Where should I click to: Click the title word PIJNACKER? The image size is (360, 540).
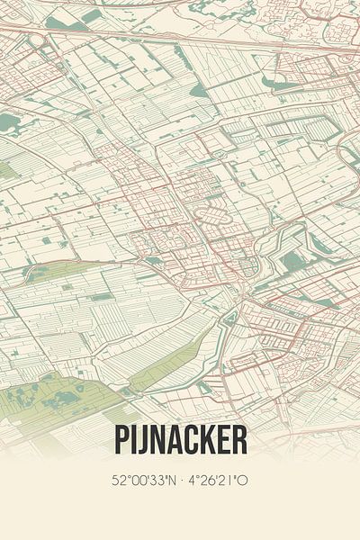180,440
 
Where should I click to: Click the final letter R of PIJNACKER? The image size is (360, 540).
238,440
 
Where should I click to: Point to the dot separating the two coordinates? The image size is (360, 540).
181,481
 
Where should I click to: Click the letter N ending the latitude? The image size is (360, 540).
171,481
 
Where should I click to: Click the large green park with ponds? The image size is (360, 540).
54,397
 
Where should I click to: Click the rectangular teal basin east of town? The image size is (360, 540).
292,262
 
